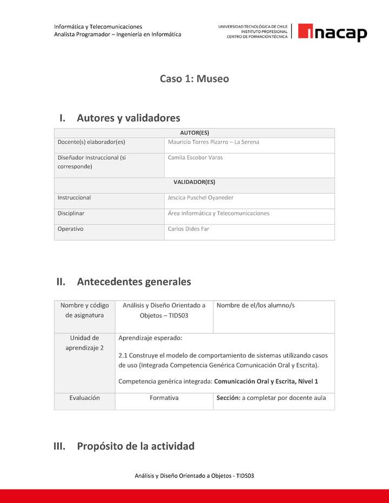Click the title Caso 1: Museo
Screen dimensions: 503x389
(x=194, y=79)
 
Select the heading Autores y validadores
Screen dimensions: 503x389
(x=128, y=118)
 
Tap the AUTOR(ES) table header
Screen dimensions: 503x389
(x=194, y=133)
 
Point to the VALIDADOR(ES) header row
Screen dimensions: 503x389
(x=194, y=182)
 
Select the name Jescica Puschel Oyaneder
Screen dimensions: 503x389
(x=200, y=198)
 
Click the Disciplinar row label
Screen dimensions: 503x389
(x=71, y=213)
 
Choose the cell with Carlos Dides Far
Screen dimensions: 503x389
(x=188, y=229)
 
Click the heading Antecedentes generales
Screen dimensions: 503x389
(x=133, y=282)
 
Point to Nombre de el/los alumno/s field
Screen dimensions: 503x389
(x=255, y=305)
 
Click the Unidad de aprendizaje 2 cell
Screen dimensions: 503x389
(x=84, y=343)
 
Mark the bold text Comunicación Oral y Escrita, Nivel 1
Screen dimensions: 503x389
(x=266, y=382)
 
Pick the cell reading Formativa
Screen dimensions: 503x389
(x=164, y=398)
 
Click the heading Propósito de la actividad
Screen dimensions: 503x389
(x=135, y=446)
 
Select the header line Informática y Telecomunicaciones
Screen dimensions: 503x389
(x=98, y=26)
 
